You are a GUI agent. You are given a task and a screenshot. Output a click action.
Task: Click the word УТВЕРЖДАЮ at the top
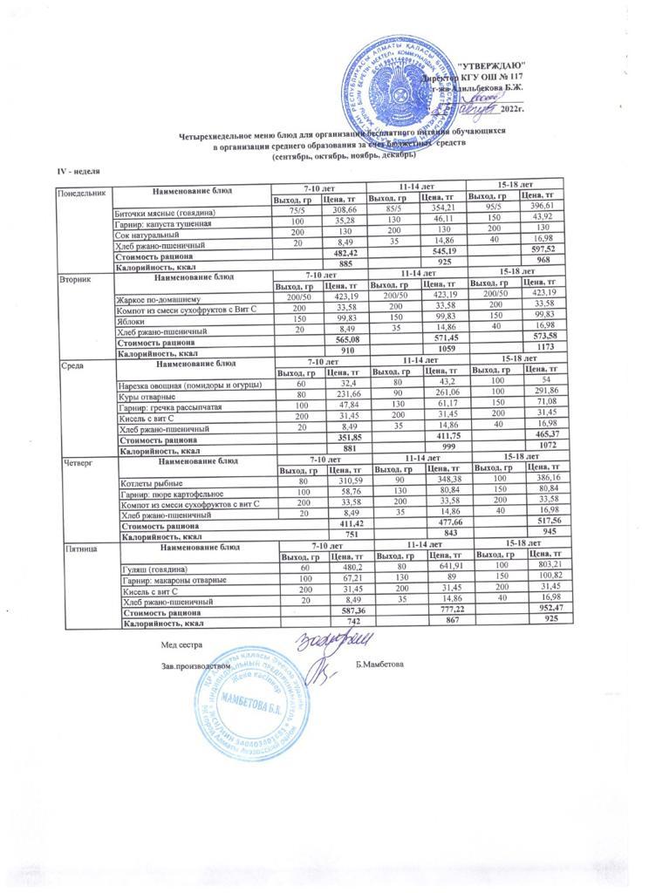pos(491,65)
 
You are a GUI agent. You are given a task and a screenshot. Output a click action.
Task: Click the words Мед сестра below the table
pos(181,644)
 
